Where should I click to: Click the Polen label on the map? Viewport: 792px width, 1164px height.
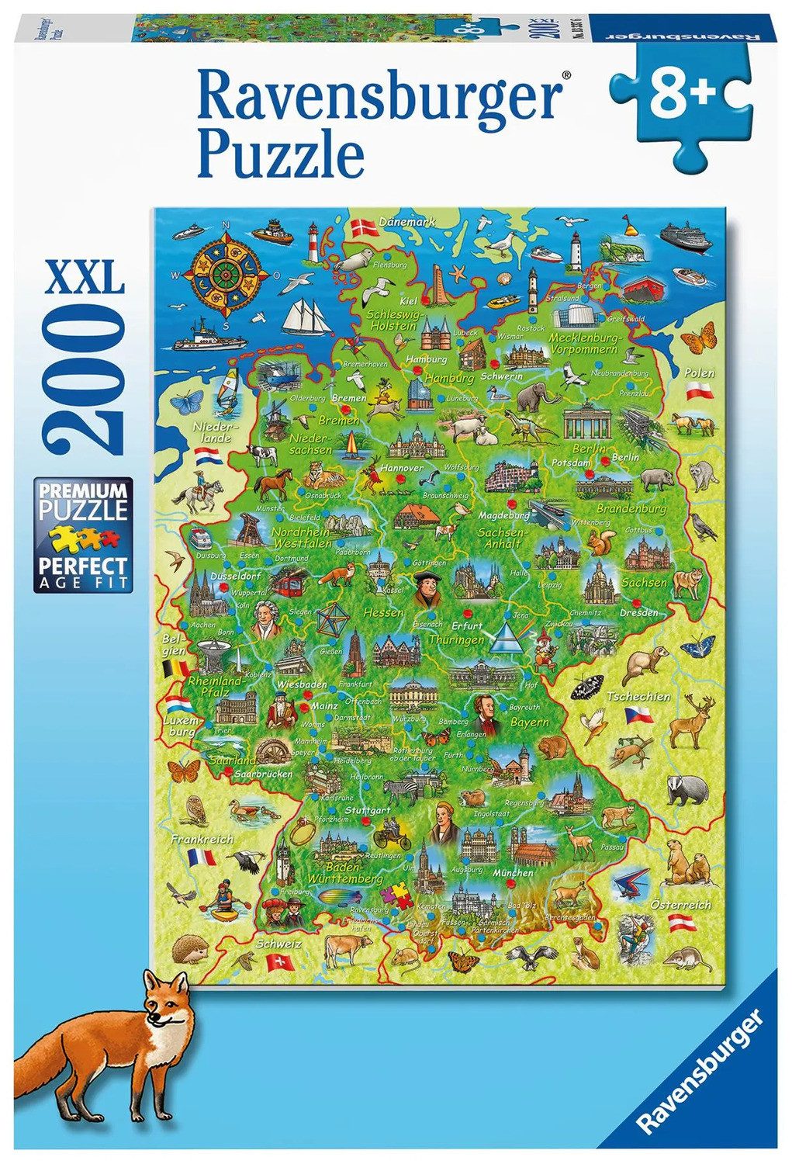699,373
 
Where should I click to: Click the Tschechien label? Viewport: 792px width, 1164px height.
638,696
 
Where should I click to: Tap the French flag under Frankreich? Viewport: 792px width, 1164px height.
202,857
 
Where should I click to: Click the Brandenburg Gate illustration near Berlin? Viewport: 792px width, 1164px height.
587,420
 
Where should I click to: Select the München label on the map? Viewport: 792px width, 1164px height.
513,873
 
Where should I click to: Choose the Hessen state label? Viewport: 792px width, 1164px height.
383,613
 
